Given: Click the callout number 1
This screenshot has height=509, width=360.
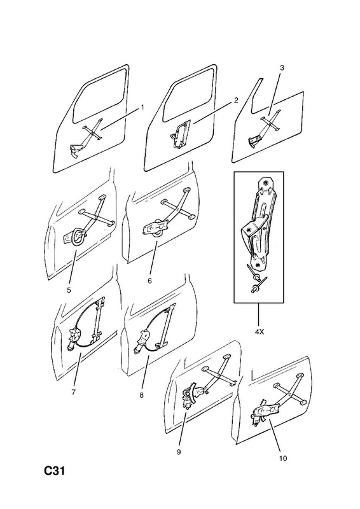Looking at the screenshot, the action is coord(142,108).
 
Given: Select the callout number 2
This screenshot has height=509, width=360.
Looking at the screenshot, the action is coord(236,100).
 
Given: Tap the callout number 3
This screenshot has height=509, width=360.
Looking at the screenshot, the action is coord(282,67).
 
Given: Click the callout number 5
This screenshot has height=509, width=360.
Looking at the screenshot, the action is coord(69,290).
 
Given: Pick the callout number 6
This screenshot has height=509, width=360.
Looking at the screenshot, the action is coord(149,281).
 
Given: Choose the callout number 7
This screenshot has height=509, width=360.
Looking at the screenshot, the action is coord(74,392).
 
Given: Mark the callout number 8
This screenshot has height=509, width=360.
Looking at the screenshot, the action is coord(142,395).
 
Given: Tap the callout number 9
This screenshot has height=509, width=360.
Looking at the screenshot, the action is coord(179,452).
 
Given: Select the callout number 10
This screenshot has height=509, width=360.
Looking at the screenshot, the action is coord(283,458).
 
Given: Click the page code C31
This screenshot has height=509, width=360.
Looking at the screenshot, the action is coord(55,471).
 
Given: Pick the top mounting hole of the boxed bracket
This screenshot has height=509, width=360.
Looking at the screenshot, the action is coord(266,183).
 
